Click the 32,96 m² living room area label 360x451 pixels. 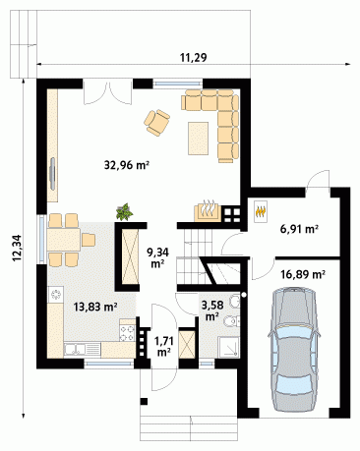tap(127, 165)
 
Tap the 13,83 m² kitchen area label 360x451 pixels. tap(95, 307)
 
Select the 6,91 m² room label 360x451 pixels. tap(299, 229)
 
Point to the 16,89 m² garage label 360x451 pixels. tap(303, 274)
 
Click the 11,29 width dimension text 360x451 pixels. tap(194, 58)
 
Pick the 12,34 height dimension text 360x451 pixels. tap(17, 249)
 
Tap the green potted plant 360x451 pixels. tap(125, 211)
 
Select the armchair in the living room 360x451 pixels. tap(156, 123)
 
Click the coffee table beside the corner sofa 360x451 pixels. tap(198, 139)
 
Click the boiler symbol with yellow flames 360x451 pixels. tap(261, 211)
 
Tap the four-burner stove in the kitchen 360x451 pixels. tap(128, 333)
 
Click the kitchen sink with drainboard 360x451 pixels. tap(82, 350)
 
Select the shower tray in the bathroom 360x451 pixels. tap(229, 347)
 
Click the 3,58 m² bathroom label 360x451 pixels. tap(212, 310)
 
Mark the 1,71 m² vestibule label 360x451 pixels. tap(163, 347)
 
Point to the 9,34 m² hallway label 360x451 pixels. tap(157, 257)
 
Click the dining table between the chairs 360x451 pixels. tap(64, 240)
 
